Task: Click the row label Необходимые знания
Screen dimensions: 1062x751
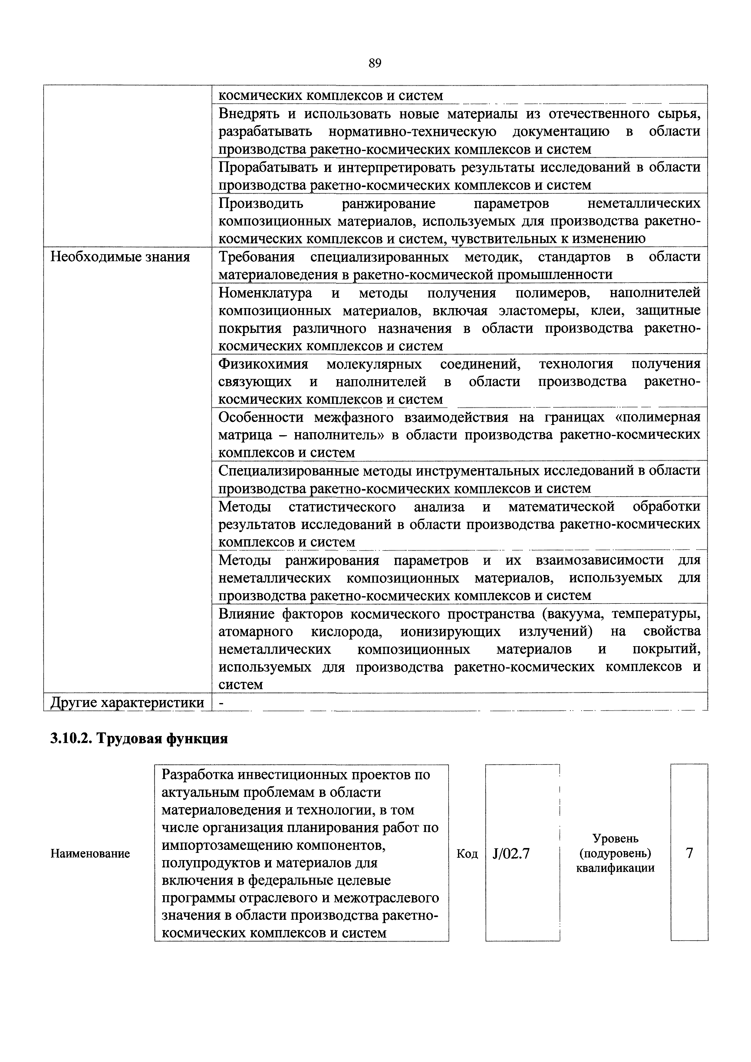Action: pos(120,257)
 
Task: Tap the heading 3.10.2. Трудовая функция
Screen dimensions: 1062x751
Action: pos(139,739)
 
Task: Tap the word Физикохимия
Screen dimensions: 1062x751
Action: pos(263,364)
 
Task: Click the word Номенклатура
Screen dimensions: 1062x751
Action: pos(265,293)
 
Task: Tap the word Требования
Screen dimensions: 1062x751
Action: pos(256,257)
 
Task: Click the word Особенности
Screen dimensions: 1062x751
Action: pos(262,417)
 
